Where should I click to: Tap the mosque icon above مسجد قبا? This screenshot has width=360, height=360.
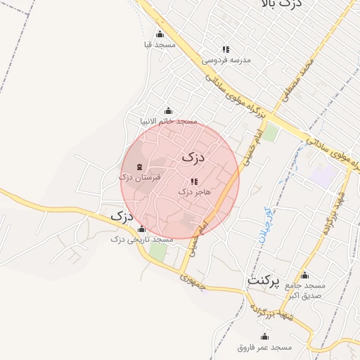pos(160,34)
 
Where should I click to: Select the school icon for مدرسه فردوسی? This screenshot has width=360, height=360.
pos(226,49)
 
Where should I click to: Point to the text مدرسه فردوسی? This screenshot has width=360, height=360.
pos(226,60)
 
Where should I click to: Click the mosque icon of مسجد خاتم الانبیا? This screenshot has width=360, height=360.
pos(167,110)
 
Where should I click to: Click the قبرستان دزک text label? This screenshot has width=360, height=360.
pos(140,177)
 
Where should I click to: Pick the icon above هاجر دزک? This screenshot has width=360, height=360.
pos(194,181)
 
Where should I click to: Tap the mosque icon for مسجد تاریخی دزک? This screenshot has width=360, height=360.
pos(142,229)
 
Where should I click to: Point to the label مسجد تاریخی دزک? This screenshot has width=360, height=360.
pos(142,240)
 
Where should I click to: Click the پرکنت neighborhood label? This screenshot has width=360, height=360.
pos(264,282)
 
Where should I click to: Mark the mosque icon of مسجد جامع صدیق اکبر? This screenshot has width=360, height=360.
pos(304,276)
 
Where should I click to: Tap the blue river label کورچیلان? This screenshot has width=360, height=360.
pos(264,225)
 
